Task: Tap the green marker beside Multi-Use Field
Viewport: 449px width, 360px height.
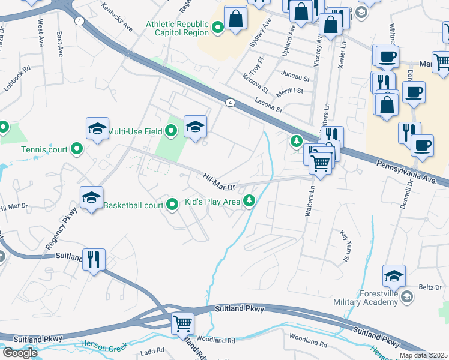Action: pyautogui.click(x=171, y=130)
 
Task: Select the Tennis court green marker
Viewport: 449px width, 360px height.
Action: pyautogui.click(x=77, y=149)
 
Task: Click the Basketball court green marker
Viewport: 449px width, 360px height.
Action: pyautogui.click(x=172, y=205)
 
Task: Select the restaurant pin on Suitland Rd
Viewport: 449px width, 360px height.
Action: pyautogui.click(x=94, y=260)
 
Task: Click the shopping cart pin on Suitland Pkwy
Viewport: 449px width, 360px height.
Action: pyautogui.click(x=183, y=324)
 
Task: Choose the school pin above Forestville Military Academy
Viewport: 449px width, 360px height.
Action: pyautogui.click(x=394, y=276)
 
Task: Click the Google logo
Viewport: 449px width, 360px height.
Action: pyautogui.click(x=19, y=353)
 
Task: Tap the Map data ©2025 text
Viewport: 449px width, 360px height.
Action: pyautogui.click(x=424, y=355)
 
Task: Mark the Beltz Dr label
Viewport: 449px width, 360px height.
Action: pyautogui.click(x=430, y=287)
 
